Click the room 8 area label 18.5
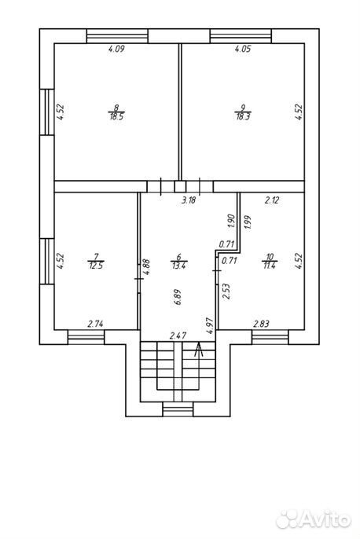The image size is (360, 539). pos(116,116)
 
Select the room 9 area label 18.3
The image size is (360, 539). pos(243,116)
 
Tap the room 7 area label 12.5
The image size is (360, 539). pos(96,266)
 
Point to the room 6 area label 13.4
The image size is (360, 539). pos(178,266)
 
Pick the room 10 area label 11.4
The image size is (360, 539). pos(270,266)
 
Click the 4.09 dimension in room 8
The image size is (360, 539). pos(116,49)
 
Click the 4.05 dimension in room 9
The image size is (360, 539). pos(243,49)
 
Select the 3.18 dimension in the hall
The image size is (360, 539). pos(189,200)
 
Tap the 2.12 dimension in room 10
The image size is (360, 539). pos(272,200)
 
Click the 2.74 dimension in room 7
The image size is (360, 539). pos(96,324)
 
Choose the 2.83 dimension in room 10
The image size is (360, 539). pos(261,324)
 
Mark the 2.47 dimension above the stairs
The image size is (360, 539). pos(178,335)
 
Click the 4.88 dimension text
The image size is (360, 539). pos(146,267)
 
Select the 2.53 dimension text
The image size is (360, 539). pos(226,291)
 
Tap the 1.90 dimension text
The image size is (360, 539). pos(231,222)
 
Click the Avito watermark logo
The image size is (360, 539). pos(314,519)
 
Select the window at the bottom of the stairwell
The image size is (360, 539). pos(178,409)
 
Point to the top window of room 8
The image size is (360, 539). pos(117,36)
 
